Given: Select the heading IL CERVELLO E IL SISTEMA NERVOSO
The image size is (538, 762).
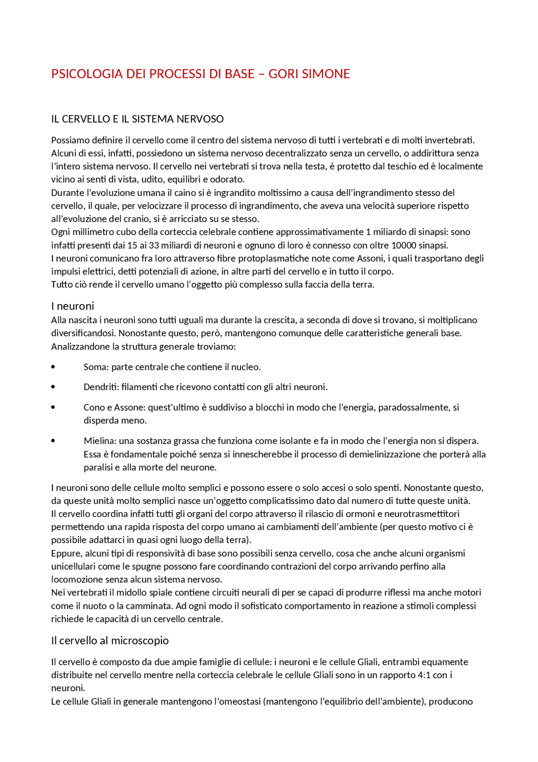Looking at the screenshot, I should click(x=137, y=119).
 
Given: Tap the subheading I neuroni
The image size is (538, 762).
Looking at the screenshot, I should click(x=73, y=306).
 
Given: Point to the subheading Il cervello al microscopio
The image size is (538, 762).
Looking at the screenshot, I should click(x=110, y=640).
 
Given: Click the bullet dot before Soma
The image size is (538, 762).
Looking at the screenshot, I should click(x=53, y=367).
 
